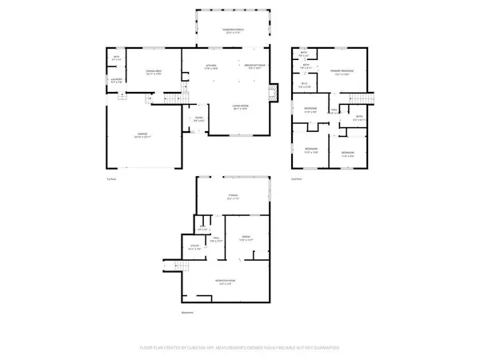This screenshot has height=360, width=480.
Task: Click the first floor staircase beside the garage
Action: [171, 98]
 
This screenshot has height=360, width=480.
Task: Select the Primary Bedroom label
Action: [342, 72]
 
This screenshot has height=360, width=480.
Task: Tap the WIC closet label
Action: [305, 86]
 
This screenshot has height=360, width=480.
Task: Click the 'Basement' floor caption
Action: [188, 312]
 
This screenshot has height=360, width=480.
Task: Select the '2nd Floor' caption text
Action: [295, 179]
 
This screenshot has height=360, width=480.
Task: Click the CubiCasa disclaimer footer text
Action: [240, 348]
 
